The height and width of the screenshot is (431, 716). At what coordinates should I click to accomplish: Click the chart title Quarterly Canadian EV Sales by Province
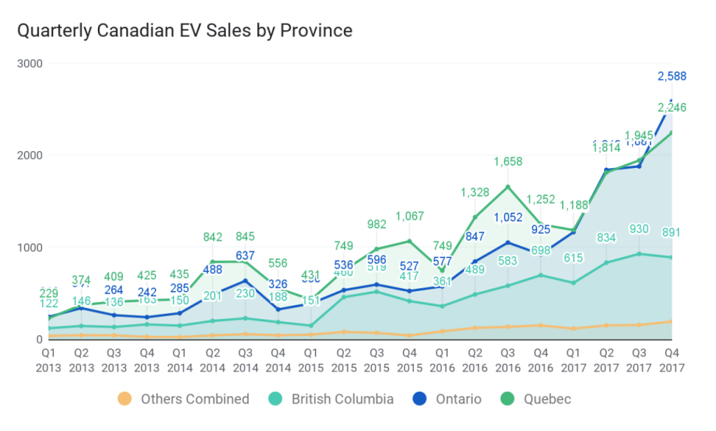[x=185, y=31]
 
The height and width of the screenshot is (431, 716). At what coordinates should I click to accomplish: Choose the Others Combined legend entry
[x=184, y=400]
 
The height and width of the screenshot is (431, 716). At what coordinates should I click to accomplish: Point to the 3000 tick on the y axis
[x=29, y=64]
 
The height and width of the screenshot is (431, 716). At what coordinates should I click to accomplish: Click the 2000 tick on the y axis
[x=29, y=155]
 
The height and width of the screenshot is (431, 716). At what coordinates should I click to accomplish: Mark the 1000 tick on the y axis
[x=29, y=247]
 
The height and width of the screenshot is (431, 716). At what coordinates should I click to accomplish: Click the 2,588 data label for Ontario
[x=672, y=76]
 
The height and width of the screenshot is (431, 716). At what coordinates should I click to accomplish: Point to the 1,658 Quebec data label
[x=508, y=162]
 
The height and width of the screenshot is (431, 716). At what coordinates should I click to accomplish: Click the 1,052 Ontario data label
[x=508, y=218]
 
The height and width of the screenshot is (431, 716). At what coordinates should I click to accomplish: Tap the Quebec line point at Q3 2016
[x=508, y=187]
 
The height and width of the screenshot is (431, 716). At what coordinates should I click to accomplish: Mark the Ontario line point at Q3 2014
[x=245, y=281]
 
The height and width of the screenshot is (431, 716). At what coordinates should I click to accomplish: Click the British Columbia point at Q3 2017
[x=639, y=253]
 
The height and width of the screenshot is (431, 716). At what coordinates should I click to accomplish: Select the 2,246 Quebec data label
[x=672, y=107]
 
